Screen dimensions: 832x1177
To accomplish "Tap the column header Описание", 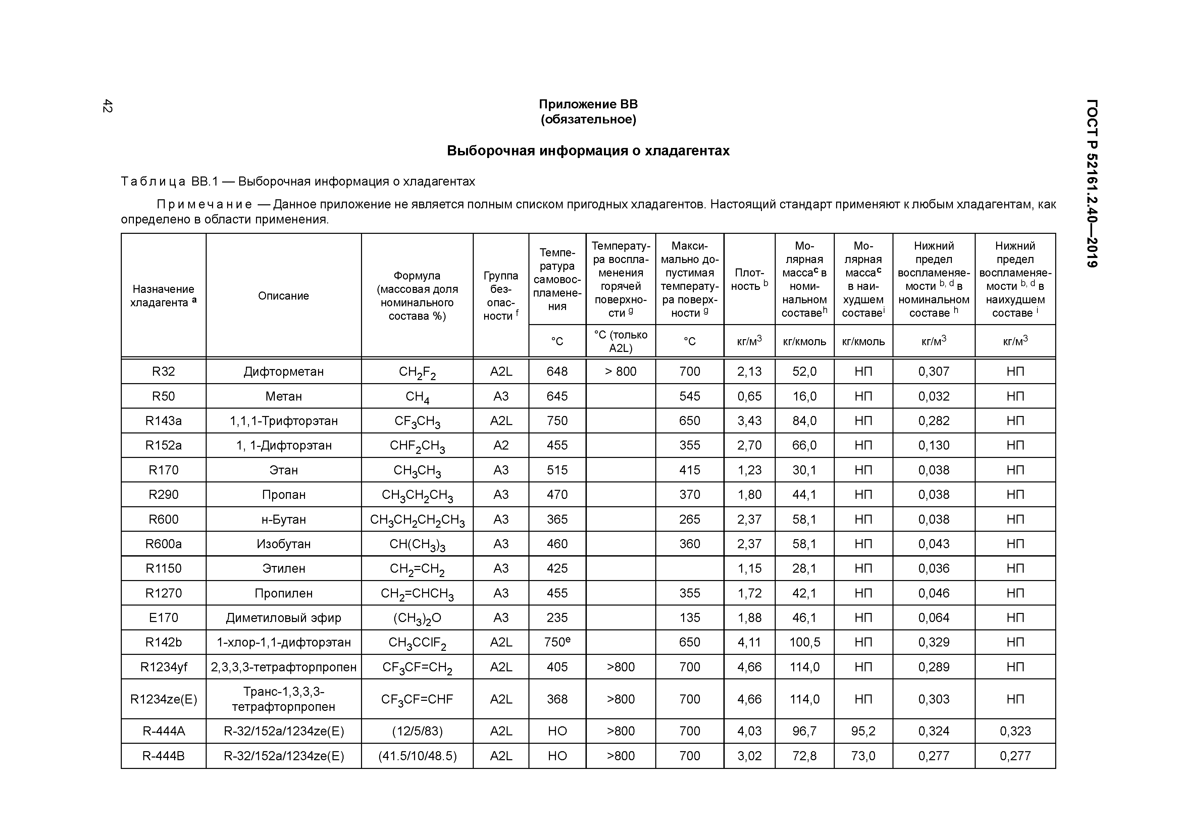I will coord(284,296).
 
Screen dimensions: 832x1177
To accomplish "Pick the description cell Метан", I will coord(284,396).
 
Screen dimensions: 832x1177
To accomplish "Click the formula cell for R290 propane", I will coord(417,495).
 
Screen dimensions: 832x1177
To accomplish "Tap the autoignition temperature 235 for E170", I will coord(557,618).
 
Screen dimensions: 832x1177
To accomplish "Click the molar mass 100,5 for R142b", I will coord(804,642).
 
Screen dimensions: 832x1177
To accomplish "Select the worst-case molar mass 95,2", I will coord(863,731).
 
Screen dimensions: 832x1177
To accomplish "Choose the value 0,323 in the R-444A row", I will coord(1015,731).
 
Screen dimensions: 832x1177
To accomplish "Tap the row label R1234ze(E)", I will coord(163,699).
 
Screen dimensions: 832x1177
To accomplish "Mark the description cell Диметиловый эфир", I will coord(284,618).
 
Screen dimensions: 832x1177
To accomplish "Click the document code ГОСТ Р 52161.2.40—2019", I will coord(1092,183).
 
